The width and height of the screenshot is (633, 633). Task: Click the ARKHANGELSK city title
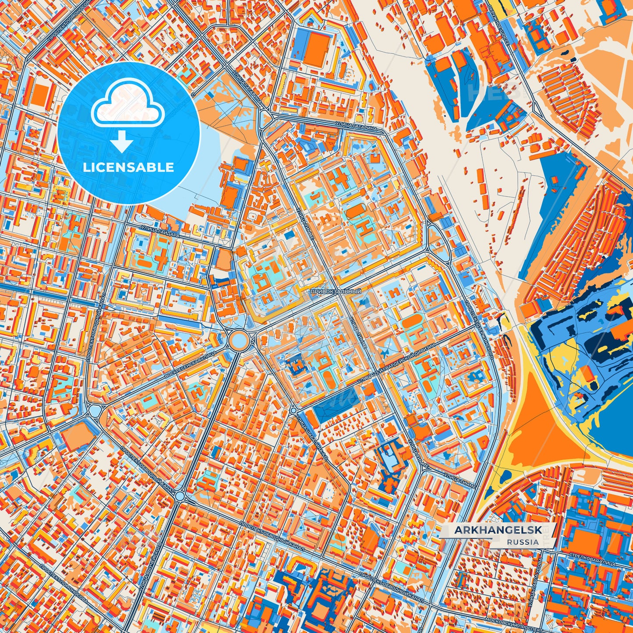pos(498,530)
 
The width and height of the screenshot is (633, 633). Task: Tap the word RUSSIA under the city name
pos(523,542)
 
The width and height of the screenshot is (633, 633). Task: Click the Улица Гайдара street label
pos(160,231)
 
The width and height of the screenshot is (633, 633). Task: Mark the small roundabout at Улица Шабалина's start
pos(293,410)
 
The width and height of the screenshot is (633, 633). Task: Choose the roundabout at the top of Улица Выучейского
pos(180,496)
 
